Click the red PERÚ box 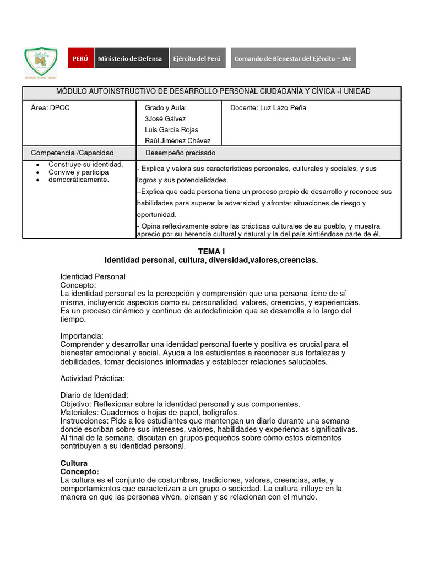coord(80,58)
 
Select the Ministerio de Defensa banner coord(130,58)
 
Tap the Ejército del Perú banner coord(197,58)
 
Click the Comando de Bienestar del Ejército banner coord(292,58)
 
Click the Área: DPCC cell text coord(50,108)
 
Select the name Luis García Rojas coord(171,130)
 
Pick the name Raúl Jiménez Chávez coord(177,141)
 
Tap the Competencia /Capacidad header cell coord(72,153)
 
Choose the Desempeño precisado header coord(180,153)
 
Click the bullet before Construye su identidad coord(36,165)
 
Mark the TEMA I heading coord(211,251)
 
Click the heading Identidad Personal coord(93,276)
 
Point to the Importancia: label coord(82,336)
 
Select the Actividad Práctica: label coord(92,378)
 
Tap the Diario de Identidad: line coord(94,395)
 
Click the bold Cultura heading coord(74,463)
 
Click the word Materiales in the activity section coord(77,412)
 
